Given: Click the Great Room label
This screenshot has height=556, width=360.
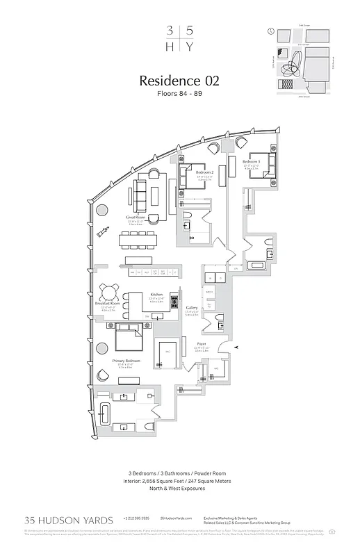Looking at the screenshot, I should point(135,218).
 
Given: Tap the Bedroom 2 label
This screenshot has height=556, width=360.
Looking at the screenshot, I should point(204,172).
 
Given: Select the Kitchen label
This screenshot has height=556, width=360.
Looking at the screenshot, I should point(157,295).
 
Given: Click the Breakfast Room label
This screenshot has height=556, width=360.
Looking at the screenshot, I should point(108,304).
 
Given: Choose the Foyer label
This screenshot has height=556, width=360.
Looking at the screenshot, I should point(200,344).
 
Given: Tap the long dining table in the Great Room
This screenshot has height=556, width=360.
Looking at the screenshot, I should point(143,240).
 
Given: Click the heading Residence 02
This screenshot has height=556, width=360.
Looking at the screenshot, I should point(180,81).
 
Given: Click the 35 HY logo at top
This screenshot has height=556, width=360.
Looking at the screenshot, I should point(179,38).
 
